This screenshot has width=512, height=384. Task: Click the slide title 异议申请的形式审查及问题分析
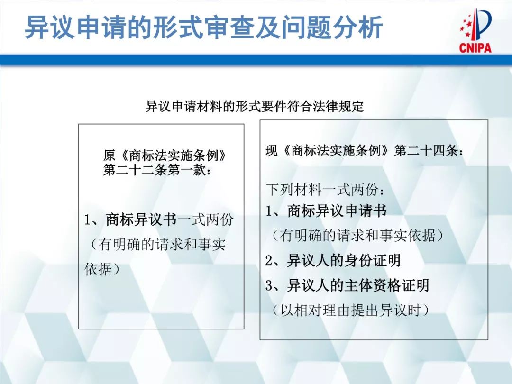click(203, 28)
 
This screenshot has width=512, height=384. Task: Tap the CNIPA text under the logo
click(475, 47)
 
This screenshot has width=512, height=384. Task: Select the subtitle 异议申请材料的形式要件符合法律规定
click(255, 106)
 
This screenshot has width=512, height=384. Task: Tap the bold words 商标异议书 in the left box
click(141, 220)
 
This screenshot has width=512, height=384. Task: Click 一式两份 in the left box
click(205, 220)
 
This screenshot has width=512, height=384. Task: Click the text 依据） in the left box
click(101, 269)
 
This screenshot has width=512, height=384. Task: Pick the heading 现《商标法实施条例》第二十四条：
click(365, 151)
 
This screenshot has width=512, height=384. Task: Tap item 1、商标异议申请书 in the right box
click(326, 211)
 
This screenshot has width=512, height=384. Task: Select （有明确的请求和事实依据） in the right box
click(357, 236)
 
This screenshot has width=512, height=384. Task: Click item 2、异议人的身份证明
click(333, 260)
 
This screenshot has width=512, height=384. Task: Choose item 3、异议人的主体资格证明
click(347, 285)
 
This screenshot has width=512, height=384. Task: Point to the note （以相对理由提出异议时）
click(350, 311)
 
